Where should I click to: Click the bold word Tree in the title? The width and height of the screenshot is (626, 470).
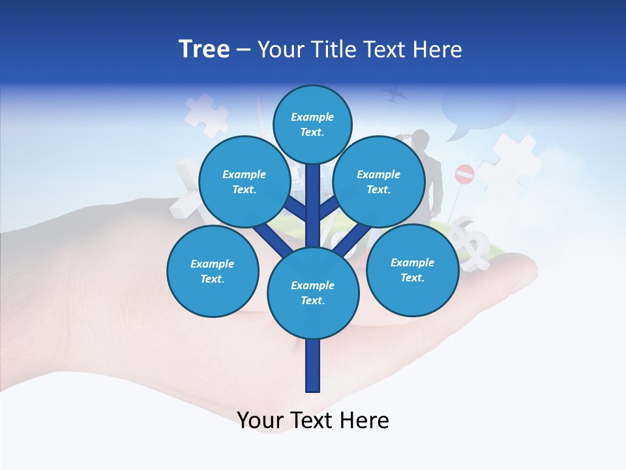coord(204,49)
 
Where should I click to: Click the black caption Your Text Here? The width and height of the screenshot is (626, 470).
coord(313,420)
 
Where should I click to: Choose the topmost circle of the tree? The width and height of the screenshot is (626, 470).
coord(312,124)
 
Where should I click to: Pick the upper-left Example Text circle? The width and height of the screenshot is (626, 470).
coord(244,181)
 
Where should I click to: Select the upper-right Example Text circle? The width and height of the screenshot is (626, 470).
coord(379,181)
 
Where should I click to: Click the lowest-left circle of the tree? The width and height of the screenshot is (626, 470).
coord(213,271)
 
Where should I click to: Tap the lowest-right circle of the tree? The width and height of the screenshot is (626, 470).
coord(412,270)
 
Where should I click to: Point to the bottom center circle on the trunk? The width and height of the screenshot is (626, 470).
coord(313,292)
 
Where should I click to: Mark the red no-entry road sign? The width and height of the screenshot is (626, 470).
coord(464,174)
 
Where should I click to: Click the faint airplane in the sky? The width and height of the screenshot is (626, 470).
coord(395,95)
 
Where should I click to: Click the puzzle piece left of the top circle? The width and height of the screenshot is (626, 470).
coord(206,115)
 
